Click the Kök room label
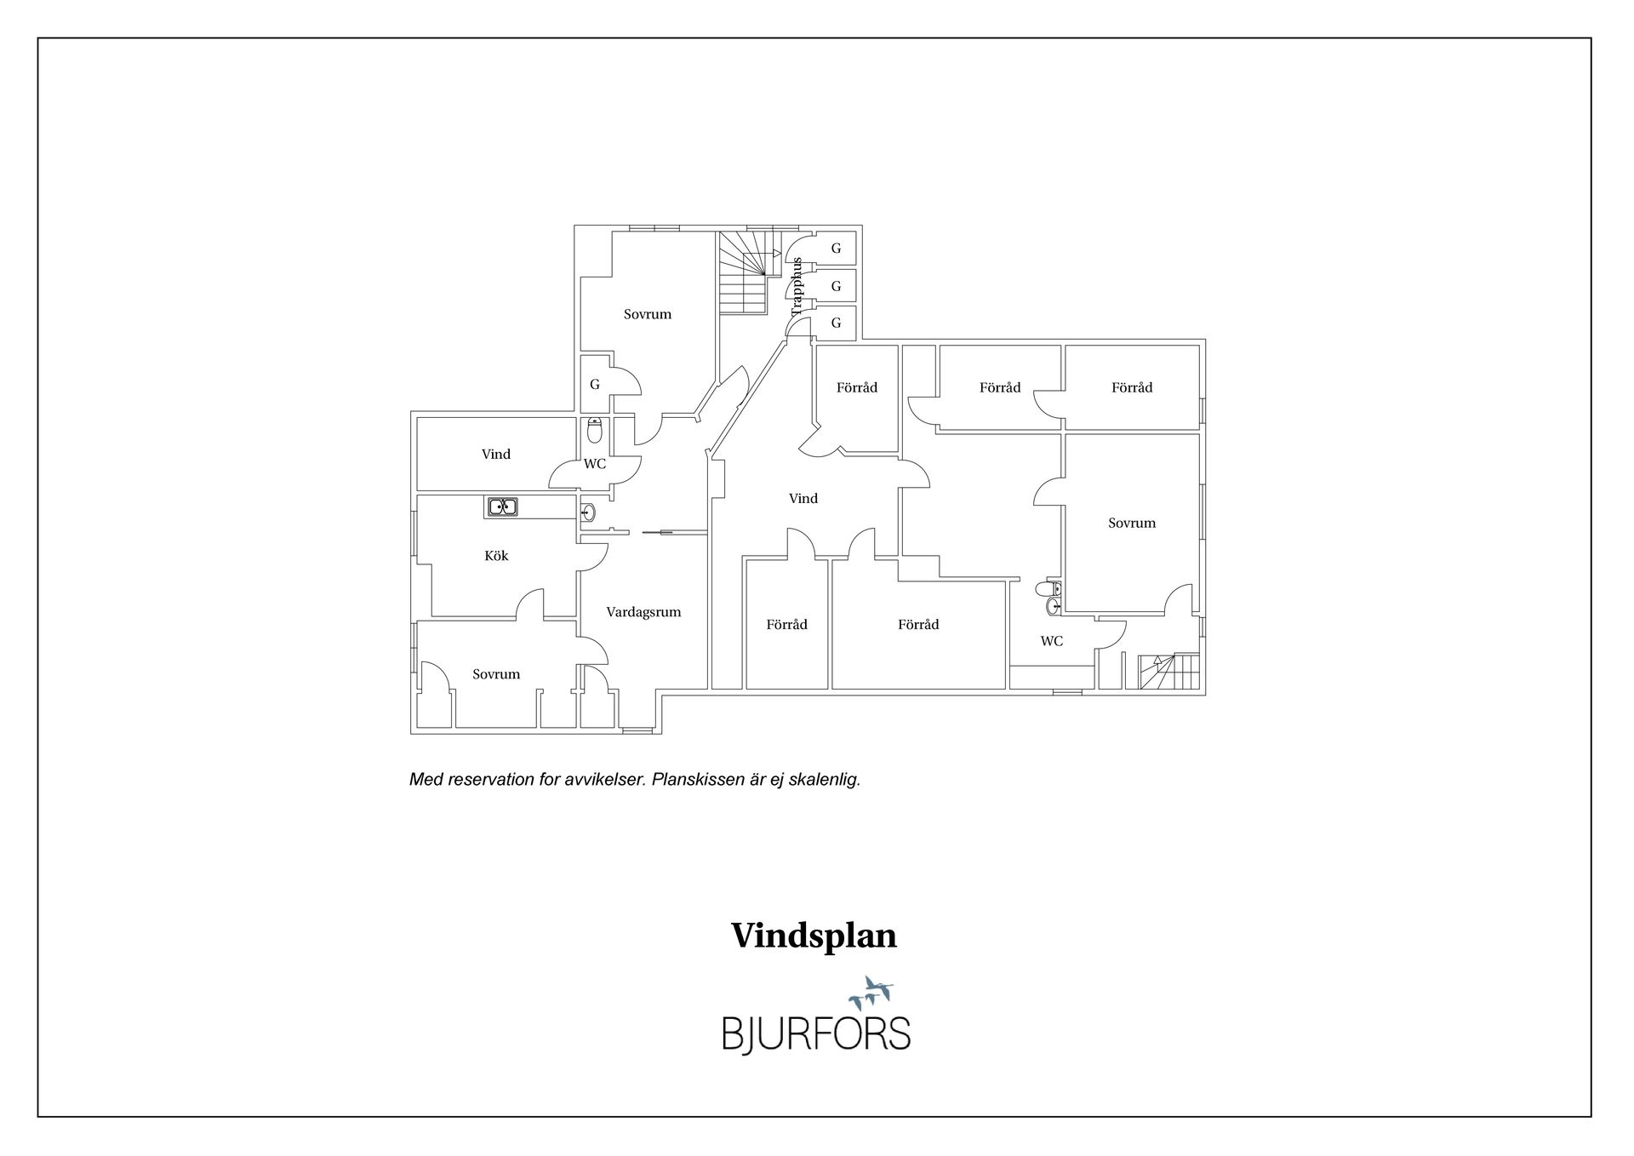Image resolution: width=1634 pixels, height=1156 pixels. pyautogui.click(x=496, y=556)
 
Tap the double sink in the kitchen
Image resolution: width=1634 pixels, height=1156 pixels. pyautogui.click(x=502, y=507)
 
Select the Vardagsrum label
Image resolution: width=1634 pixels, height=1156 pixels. pyautogui.click(x=643, y=612)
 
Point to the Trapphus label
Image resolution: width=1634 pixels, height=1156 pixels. pyautogui.click(x=797, y=287)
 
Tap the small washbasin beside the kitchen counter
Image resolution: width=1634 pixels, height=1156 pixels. pyautogui.click(x=587, y=512)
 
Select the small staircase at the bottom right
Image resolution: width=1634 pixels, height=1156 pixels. pyautogui.click(x=1168, y=671)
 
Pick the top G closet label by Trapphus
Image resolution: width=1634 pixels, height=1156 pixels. pyautogui.click(x=836, y=249)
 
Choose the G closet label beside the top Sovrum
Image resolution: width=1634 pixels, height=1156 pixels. pyautogui.click(x=595, y=385)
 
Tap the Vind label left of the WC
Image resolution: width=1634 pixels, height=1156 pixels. pyautogui.click(x=496, y=455)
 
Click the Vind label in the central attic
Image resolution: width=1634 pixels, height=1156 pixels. pyautogui.click(x=803, y=499)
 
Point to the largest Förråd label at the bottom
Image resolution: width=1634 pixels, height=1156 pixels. pyautogui.click(x=918, y=625)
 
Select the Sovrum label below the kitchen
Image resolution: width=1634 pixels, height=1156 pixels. pyautogui.click(x=496, y=674)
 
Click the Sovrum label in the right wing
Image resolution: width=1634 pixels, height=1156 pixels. pyautogui.click(x=1132, y=524)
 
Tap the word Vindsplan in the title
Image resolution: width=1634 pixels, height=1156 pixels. pyautogui.click(x=814, y=936)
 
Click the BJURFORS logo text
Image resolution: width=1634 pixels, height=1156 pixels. pyautogui.click(x=816, y=1033)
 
